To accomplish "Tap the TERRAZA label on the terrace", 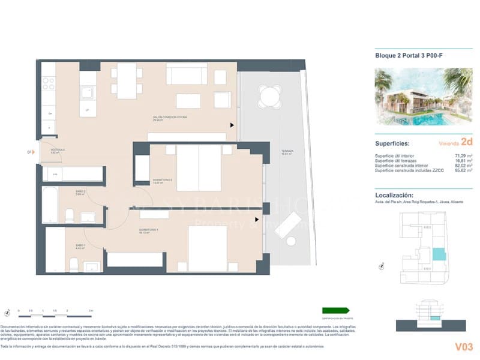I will click(x=286, y=152).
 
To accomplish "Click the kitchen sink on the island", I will click(x=88, y=93).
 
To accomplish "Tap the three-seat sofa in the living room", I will click(x=187, y=75).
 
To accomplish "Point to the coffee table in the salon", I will click(x=188, y=100).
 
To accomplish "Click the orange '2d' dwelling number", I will click(x=467, y=143).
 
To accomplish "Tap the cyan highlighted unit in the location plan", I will click(x=439, y=254).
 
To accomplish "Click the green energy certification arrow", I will click(x=335, y=310).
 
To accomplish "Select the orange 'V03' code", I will click(x=463, y=346).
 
